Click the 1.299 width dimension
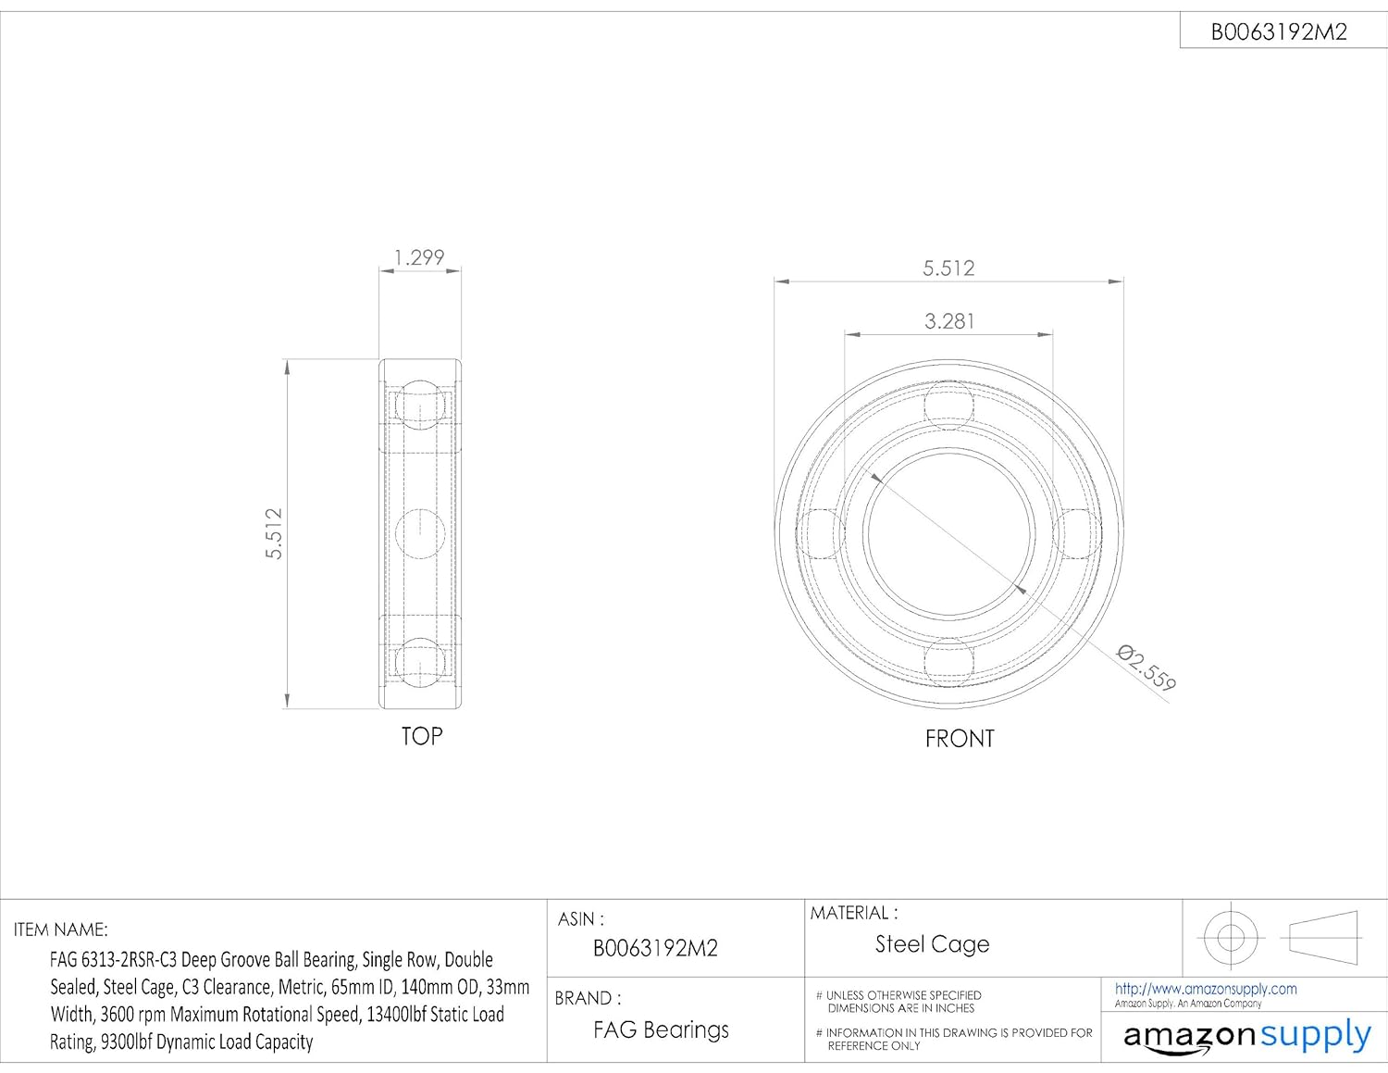point(419,256)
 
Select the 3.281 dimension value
point(949,320)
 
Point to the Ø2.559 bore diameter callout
point(1146,668)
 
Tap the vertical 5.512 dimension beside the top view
point(274,533)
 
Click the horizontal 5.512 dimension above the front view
point(948,268)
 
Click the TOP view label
point(422,736)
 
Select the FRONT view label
point(960,738)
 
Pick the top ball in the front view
point(949,405)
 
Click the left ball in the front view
point(821,534)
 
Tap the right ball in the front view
point(1077,534)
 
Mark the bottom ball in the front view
point(949,662)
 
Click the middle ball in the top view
point(420,533)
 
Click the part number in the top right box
point(1279,31)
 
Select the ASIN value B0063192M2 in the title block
point(655,948)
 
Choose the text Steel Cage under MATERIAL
point(932,944)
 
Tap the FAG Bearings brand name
point(661,1029)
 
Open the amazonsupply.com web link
point(1206,989)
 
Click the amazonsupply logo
point(1246,1035)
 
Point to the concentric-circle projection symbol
point(1230,937)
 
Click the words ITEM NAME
point(61,930)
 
